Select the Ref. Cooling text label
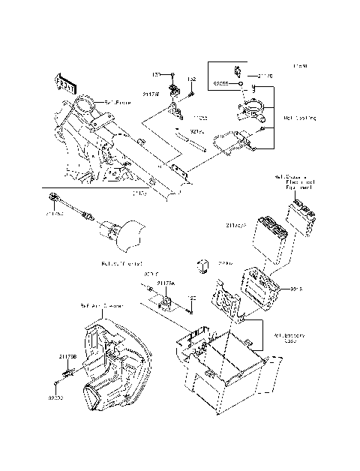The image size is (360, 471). [x=300, y=118]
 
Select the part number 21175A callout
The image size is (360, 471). [x=166, y=283]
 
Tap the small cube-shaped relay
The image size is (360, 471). [x=202, y=265]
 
